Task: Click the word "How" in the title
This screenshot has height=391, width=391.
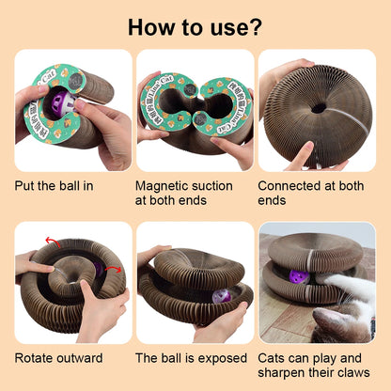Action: (x=149, y=26)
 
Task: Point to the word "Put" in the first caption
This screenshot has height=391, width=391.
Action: (x=25, y=184)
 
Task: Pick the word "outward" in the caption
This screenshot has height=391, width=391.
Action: (x=87, y=357)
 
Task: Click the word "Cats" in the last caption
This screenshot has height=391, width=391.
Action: (x=274, y=357)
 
